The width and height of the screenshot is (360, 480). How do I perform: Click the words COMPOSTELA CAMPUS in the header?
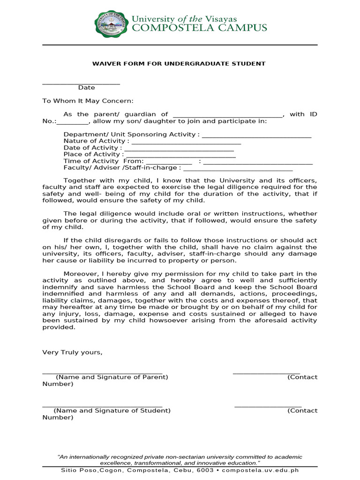(199, 28)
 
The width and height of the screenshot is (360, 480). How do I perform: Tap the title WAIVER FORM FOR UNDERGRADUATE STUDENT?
(178, 63)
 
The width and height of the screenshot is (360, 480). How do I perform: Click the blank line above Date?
(81, 83)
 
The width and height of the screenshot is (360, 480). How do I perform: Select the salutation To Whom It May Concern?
(88, 101)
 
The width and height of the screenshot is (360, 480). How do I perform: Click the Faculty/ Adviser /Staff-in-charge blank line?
(238, 169)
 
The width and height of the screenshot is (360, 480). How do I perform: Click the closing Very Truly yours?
(72, 352)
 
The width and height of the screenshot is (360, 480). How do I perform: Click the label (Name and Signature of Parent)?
(112, 377)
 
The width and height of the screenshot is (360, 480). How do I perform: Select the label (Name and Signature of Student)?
(112, 411)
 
